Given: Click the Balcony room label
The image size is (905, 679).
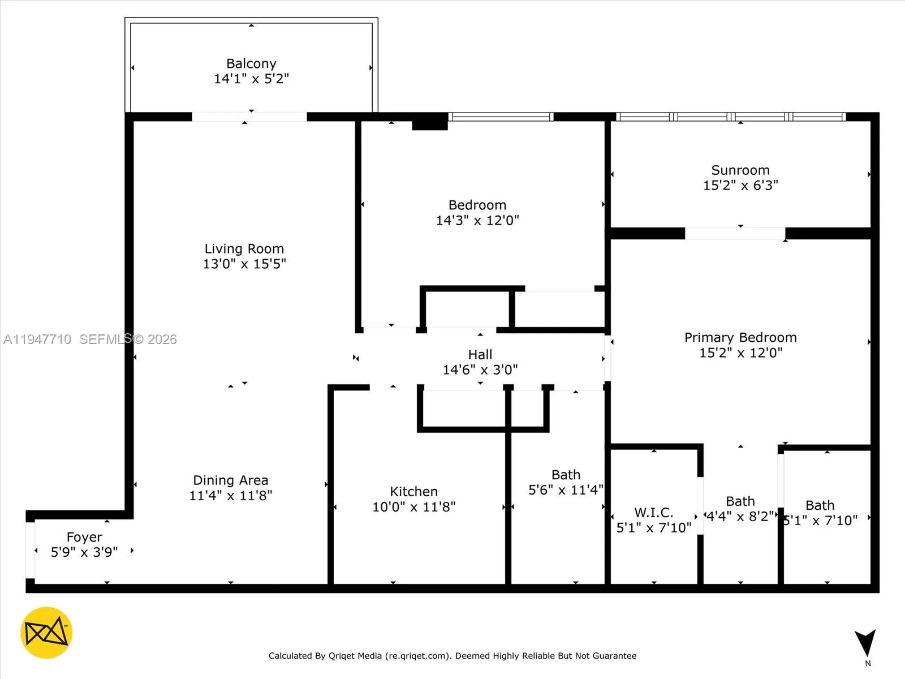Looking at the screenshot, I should tap(251, 63).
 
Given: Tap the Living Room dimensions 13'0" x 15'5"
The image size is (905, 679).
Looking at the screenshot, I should tap(244, 264).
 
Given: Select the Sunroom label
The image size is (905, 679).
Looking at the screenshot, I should tap(740, 170).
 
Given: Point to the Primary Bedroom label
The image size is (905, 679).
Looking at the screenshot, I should tap(740, 338).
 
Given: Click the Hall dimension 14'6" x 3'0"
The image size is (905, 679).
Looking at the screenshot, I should tap(480, 370).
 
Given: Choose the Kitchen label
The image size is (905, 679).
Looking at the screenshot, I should tap(413, 492).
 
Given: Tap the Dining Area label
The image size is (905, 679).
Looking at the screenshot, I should tap(230, 480).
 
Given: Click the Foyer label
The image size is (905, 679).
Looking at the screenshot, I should tap(84, 537).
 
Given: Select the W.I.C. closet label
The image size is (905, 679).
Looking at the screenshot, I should tap(653, 513).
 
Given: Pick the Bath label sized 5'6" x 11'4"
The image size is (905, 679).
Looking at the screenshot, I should tap(566, 475).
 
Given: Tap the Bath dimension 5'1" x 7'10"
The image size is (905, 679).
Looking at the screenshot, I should tap(820, 521).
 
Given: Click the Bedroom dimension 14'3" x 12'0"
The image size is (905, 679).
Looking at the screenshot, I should tap(477, 221).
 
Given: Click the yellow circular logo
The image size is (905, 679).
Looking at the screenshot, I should tap(46, 633).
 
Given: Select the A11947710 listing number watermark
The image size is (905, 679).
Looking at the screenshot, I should tap(37, 339).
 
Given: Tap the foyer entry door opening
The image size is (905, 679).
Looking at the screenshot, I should tap(30, 551).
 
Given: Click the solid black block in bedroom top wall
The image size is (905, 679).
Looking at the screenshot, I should tap(430, 122).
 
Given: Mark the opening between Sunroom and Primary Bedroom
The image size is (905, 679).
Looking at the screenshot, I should tap(735, 233).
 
